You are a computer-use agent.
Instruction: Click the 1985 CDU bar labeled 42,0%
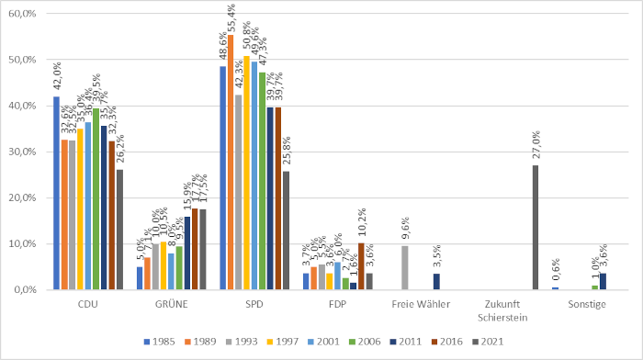[56, 193]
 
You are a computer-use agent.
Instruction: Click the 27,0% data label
[536, 146]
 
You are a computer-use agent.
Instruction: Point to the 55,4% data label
[231, 18]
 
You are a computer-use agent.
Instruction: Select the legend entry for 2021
[502, 341]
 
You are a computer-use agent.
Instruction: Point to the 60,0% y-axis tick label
[20, 14]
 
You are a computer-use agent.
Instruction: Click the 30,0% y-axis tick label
[20, 152]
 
